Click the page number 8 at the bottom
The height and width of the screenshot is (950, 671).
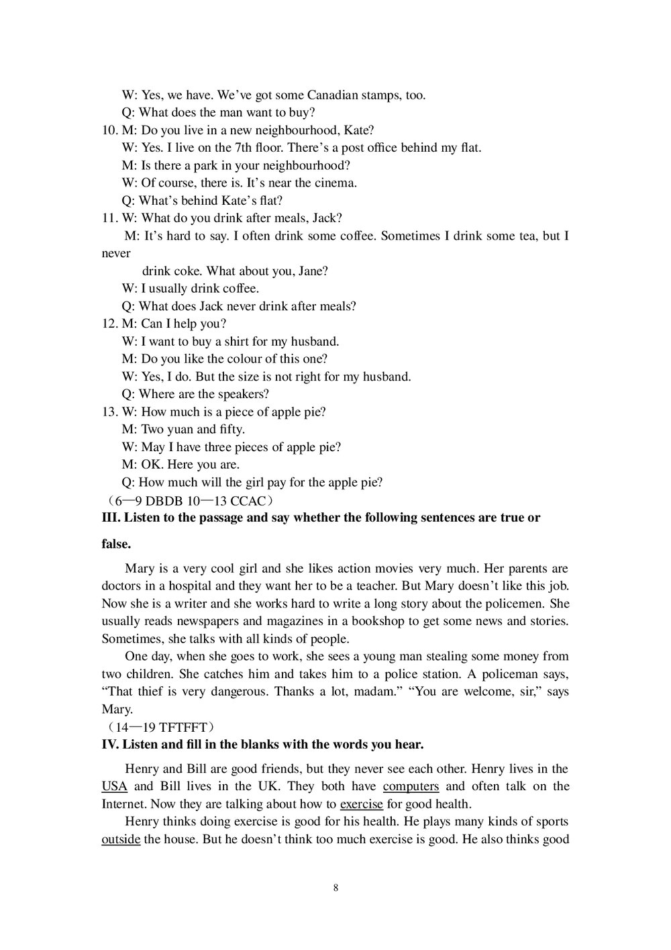click(335, 888)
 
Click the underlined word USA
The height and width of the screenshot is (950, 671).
click(114, 787)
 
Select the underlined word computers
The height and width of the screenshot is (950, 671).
click(411, 787)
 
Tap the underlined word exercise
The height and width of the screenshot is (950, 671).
click(361, 804)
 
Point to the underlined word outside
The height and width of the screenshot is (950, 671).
click(121, 839)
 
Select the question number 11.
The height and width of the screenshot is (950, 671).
click(109, 218)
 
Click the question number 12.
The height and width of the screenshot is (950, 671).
click(109, 324)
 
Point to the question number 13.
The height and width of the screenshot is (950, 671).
click(109, 412)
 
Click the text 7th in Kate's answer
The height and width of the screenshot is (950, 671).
click(242, 148)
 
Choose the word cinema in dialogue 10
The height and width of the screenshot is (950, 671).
click(334, 183)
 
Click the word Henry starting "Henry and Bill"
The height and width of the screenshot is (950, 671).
click(142, 769)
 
